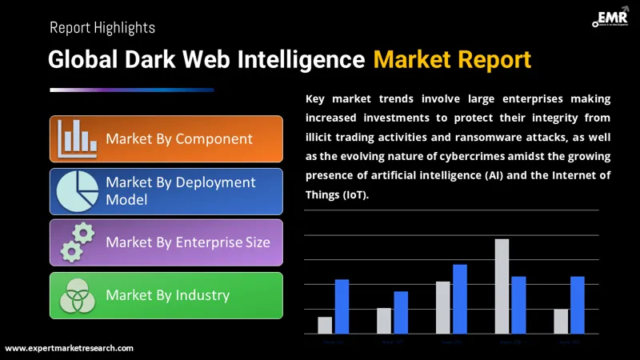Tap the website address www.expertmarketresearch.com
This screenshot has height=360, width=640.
70,348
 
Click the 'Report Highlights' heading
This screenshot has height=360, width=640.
102,27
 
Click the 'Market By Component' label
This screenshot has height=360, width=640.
179,139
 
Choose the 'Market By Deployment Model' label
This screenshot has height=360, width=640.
181,190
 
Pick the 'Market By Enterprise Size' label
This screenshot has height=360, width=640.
188,242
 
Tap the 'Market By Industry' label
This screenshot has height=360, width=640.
168,295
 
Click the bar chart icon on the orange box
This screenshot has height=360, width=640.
77,139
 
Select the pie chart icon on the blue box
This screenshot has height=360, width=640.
77,190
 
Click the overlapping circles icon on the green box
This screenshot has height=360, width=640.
78,295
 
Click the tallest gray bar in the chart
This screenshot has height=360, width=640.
502,286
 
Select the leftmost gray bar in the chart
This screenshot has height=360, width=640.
325,325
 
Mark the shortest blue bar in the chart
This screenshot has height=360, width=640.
401,312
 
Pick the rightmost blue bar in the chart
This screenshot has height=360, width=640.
578,305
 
